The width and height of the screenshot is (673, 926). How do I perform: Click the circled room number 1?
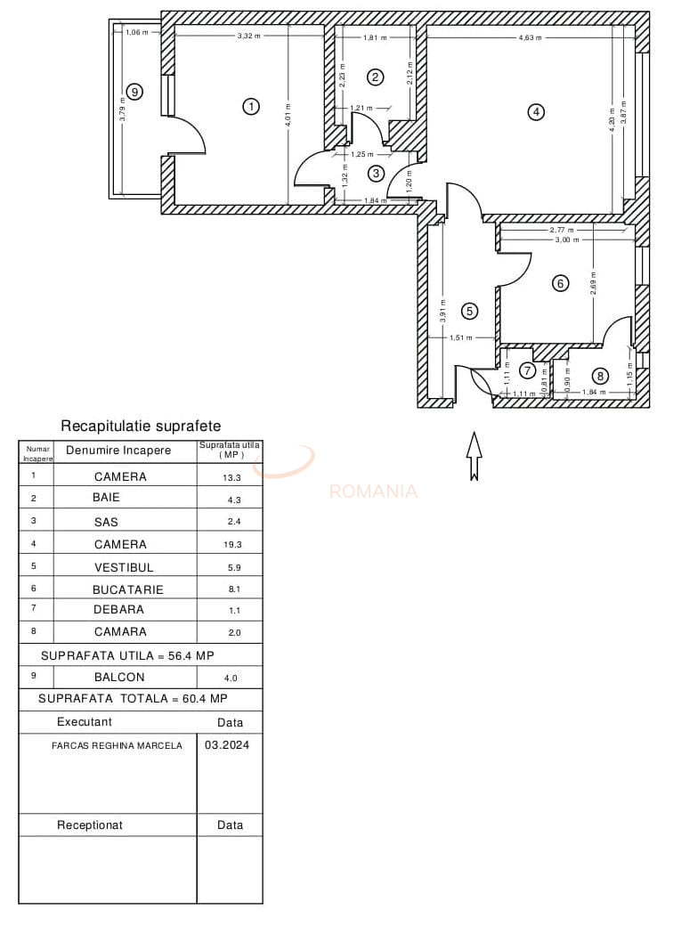click(x=251, y=107)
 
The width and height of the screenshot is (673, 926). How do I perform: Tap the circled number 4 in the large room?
click(x=535, y=112)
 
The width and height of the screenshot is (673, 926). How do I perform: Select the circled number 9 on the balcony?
click(x=134, y=91)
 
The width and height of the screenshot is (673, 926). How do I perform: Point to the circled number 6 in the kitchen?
click(x=560, y=283)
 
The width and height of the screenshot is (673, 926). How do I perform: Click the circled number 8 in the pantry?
click(x=601, y=376)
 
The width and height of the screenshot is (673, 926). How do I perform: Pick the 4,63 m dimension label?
click(x=531, y=38)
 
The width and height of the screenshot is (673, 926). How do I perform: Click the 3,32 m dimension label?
click(x=248, y=36)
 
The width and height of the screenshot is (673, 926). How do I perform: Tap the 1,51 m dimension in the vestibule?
click(x=461, y=337)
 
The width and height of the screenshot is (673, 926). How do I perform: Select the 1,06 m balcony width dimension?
click(x=136, y=33)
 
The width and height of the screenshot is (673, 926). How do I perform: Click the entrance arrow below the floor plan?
click(x=474, y=456)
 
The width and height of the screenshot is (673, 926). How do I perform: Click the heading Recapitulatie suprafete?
click(x=141, y=426)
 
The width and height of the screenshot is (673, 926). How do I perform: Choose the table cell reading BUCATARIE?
click(x=128, y=589)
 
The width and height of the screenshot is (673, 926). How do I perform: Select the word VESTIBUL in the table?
click(x=124, y=567)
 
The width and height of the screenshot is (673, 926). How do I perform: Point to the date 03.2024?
click(x=227, y=745)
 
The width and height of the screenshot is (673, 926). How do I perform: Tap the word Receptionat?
click(x=90, y=825)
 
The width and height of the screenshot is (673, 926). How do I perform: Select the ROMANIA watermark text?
click(x=373, y=491)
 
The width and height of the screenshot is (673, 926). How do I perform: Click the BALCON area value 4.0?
click(x=231, y=678)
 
